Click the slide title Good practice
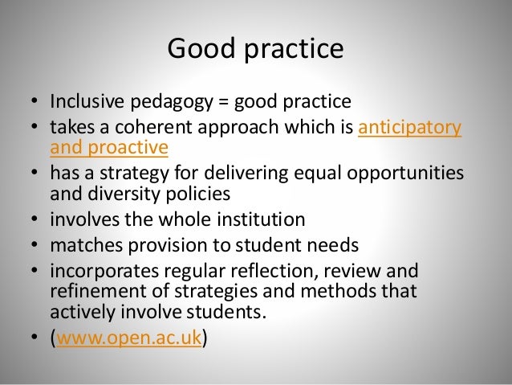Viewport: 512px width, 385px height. [x=255, y=50]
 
